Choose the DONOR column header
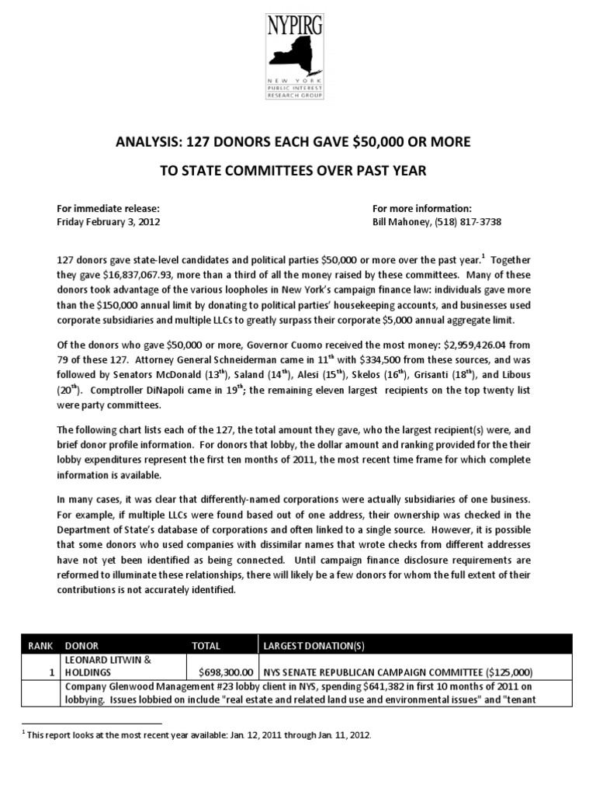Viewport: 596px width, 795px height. (82, 645)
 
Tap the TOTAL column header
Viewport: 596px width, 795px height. (206, 645)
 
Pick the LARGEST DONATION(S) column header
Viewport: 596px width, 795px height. (310, 645)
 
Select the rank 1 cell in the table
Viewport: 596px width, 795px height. (51, 672)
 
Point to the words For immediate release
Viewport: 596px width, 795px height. (109, 208)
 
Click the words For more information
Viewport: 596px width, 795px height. (422, 208)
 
